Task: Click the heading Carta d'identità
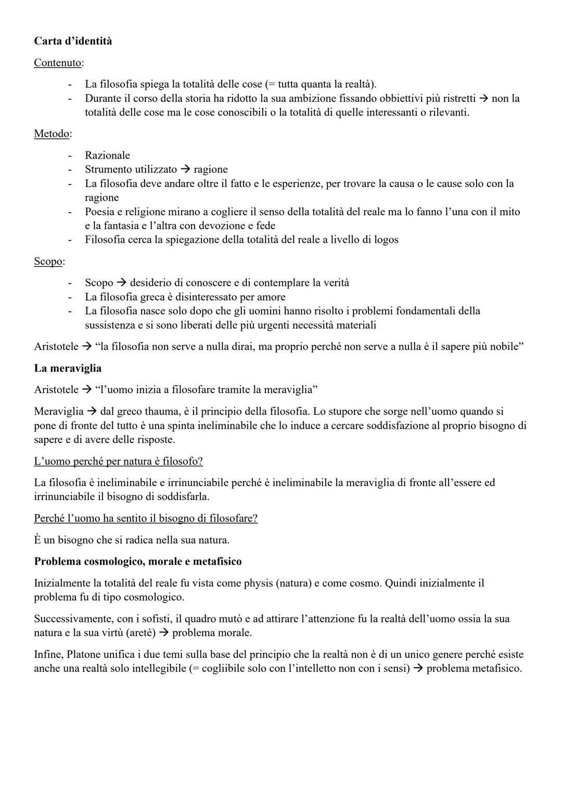click(x=73, y=41)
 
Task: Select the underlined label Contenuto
click(x=58, y=62)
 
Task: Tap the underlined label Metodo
click(x=52, y=134)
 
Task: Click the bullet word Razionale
click(x=107, y=155)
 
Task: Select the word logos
click(x=385, y=240)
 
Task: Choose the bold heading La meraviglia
click(x=68, y=368)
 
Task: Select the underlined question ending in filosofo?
click(x=118, y=461)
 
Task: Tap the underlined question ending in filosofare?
click(x=146, y=518)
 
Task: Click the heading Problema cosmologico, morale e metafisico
click(x=138, y=562)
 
